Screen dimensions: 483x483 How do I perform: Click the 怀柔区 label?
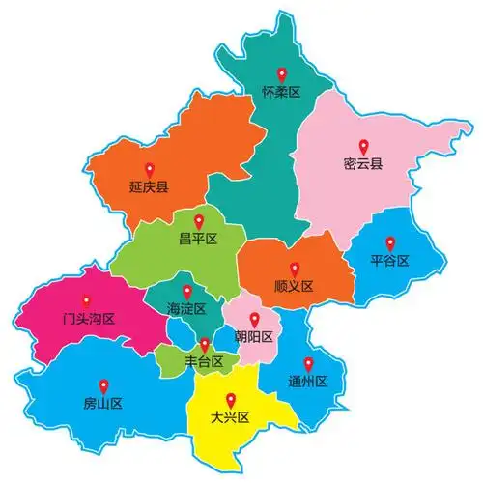click(282, 93)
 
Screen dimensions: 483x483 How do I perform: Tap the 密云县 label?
click(363, 163)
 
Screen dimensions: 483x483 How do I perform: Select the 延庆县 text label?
click(149, 187)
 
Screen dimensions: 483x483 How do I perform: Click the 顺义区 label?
click(294, 286)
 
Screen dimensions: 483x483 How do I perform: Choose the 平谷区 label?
click(390, 261)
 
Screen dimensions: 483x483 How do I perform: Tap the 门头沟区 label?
click(85, 318)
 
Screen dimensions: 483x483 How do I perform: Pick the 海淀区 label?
click(187, 309)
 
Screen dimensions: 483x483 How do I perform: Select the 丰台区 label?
click(204, 362)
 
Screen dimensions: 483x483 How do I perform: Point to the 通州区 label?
click(308, 382)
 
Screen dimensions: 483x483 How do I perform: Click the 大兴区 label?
click(230, 418)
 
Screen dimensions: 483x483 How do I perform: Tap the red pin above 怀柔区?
click(282, 73)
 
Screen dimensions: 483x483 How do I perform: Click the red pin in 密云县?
click(363, 145)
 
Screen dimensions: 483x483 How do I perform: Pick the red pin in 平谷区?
click(390, 242)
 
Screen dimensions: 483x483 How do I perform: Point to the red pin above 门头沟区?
click(85, 299)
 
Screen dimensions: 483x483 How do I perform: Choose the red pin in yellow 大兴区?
click(230, 400)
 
